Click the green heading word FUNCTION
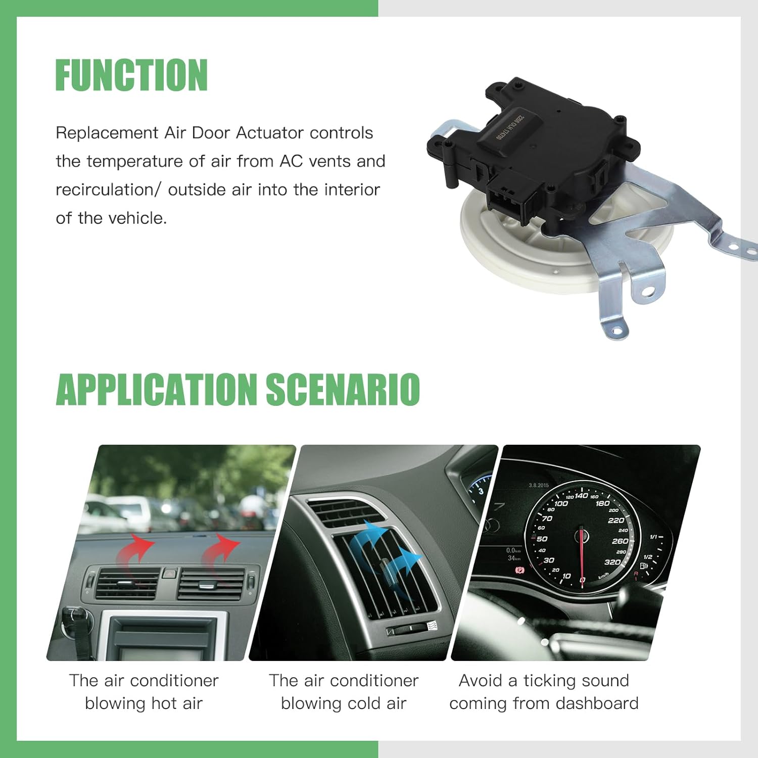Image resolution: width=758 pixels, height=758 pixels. click(131, 75)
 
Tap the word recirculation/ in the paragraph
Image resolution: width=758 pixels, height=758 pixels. click(108, 190)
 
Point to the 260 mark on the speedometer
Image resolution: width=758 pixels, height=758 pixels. click(620, 541)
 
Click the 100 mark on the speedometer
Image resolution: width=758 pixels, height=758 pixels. click(561, 504)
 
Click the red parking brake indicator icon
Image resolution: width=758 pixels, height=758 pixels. click(519, 571)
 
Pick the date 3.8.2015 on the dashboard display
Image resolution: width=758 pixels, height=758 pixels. click(539, 486)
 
